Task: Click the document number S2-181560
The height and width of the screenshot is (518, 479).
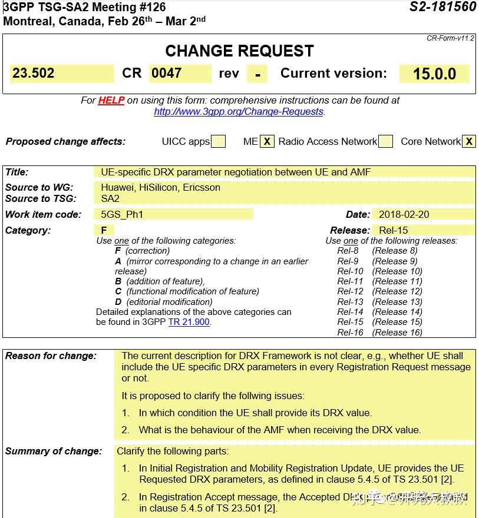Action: point(442,7)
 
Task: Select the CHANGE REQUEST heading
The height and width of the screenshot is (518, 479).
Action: point(239,51)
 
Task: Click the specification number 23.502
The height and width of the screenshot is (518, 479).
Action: point(34,74)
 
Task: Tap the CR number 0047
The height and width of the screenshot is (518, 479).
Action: point(166,74)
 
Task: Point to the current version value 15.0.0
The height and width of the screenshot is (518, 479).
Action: point(434,74)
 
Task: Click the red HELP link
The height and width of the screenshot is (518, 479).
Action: point(111,101)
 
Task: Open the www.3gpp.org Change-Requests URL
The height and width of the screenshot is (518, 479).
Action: point(239,111)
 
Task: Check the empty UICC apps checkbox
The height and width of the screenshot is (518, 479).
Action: point(218,142)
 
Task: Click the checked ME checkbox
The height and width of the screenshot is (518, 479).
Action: point(267,142)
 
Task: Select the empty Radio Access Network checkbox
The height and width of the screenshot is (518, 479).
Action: point(385,142)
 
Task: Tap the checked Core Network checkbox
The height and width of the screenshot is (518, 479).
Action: point(469,142)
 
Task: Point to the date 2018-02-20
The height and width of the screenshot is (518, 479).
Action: point(404,215)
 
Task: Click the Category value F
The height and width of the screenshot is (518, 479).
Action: point(104,230)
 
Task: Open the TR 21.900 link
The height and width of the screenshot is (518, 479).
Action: point(189,322)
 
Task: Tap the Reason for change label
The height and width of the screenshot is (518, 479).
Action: point(51,356)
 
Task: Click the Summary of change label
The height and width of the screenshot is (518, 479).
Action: point(53,451)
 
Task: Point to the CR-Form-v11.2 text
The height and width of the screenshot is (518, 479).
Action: point(450,38)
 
